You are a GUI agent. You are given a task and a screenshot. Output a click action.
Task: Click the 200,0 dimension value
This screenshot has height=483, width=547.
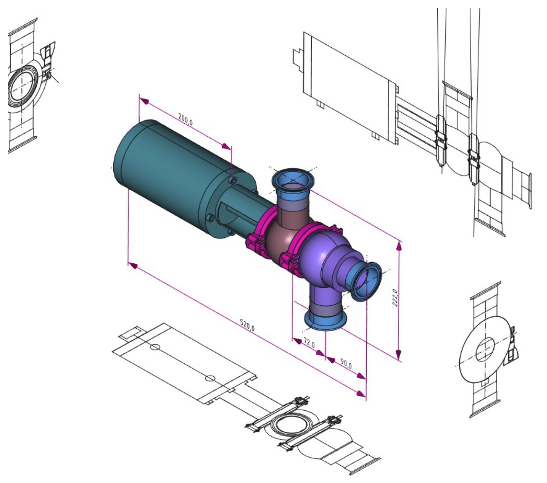click(x=185, y=119)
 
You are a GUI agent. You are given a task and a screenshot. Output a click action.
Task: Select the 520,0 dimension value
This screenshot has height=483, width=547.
click(x=247, y=325)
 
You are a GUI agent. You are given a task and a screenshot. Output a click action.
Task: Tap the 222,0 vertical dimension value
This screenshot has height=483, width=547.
click(x=395, y=297)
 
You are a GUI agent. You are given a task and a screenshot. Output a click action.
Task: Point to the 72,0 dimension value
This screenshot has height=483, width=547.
click(x=309, y=343)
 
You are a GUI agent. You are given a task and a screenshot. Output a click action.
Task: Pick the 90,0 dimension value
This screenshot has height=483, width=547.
click(x=346, y=364)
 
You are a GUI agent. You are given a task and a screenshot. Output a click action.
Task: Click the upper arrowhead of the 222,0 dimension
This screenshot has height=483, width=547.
click(x=399, y=246)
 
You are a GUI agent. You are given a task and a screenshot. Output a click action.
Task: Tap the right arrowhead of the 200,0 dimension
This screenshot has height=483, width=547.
click(x=226, y=146)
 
